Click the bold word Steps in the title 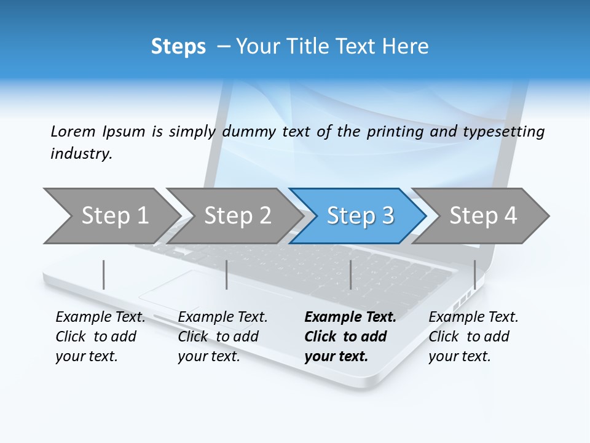(x=178, y=47)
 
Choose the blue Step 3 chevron (x=360, y=216)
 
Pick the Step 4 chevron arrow (x=483, y=216)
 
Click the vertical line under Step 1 (x=103, y=274)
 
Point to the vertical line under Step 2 (x=227, y=274)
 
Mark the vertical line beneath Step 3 (x=350, y=274)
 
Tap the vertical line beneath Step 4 (x=474, y=274)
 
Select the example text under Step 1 (x=100, y=337)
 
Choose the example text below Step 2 (x=222, y=337)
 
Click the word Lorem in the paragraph (x=73, y=132)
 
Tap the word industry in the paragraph (x=81, y=154)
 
